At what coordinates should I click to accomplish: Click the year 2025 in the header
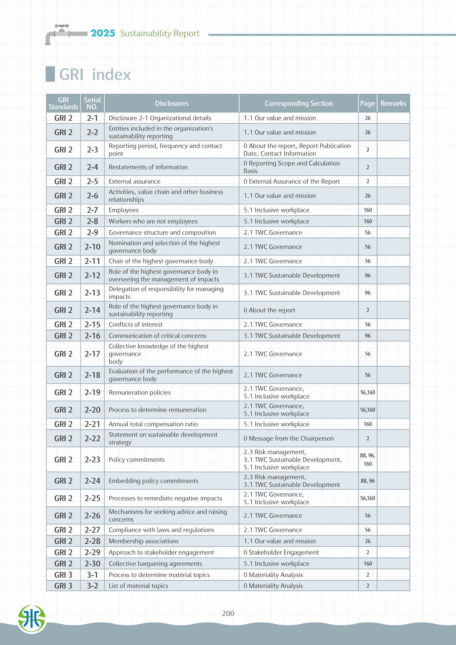(103, 33)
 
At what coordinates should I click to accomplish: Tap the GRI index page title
(95, 74)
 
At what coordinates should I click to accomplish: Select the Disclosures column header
(171, 103)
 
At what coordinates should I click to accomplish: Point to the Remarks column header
(393, 103)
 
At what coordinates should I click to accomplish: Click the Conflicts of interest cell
(135, 325)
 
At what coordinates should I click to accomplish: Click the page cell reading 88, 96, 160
(368, 460)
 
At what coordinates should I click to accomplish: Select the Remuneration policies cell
(140, 392)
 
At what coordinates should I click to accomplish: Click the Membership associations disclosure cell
(144, 541)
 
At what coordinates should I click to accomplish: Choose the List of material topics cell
(138, 586)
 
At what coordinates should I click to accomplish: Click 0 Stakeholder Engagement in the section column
(281, 552)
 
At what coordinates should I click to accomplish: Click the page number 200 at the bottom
(228, 613)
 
